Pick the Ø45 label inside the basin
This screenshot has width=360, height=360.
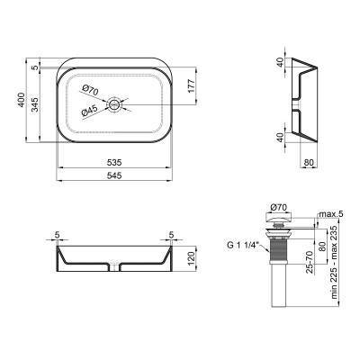91,111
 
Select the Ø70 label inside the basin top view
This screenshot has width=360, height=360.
90,90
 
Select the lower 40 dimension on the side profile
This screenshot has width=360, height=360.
281,139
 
